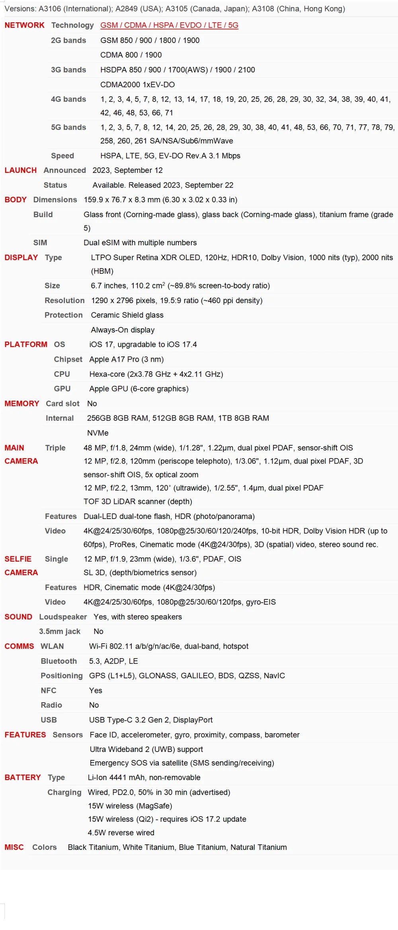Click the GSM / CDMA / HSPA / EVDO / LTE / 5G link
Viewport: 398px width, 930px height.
[x=169, y=25]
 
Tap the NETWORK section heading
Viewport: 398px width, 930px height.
[x=24, y=25]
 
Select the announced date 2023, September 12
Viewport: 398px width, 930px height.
[x=127, y=170]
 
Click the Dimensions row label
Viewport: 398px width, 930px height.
[x=55, y=200]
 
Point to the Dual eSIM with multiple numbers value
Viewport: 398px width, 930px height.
[x=140, y=243]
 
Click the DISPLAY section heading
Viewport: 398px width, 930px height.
[x=21, y=258]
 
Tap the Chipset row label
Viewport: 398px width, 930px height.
[x=68, y=359]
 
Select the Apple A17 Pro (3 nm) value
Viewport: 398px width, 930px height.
[x=127, y=359]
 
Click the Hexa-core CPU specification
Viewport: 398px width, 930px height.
[x=156, y=374]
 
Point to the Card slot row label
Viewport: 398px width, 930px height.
[x=62, y=404]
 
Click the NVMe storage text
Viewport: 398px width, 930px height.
[x=98, y=433]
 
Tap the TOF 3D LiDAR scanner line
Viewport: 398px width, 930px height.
[x=138, y=501]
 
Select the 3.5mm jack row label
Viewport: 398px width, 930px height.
[x=60, y=631]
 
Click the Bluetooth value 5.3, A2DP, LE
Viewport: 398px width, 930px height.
[x=113, y=661]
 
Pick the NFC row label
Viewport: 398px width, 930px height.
[x=49, y=691]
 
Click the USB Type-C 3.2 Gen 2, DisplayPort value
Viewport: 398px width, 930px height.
[x=151, y=720]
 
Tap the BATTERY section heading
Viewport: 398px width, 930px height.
[x=23, y=777]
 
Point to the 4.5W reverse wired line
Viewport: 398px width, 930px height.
[x=121, y=832]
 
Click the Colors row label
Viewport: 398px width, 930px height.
[x=45, y=847]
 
